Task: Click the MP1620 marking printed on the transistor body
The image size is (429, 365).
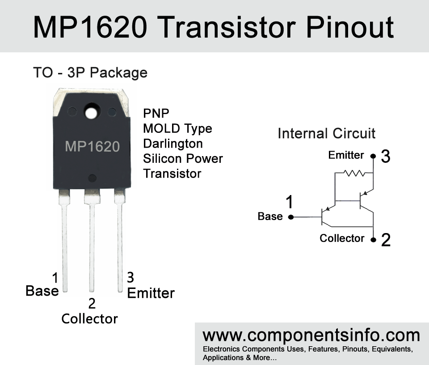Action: (93, 147)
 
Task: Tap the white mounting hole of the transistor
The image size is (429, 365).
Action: (92, 113)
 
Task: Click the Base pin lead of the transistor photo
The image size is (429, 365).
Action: (64, 241)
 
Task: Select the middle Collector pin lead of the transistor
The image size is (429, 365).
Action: (92, 241)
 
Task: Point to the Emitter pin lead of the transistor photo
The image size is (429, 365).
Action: (120, 241)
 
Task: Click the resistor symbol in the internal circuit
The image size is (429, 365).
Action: (354, 173)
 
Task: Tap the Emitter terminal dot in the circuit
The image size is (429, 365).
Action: (373, 156)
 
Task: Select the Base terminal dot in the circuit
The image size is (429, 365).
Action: (291, 217)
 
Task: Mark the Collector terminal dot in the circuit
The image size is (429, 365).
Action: (373, 240)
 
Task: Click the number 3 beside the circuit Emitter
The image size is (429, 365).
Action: (386, 157)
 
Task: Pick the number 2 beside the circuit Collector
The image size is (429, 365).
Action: (386, 240)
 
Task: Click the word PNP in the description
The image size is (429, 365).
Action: (156, 113)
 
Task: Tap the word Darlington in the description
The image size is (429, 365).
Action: (173, 144)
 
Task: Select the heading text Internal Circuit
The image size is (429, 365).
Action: (326, 134)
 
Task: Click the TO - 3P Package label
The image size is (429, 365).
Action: (90, 73)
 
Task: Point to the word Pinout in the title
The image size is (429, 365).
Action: (350, 27)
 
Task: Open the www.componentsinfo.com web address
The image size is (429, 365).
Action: (311, 335)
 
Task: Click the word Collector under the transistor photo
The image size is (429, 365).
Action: (89, 319)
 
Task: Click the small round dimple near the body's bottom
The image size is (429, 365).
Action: (92, 178)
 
